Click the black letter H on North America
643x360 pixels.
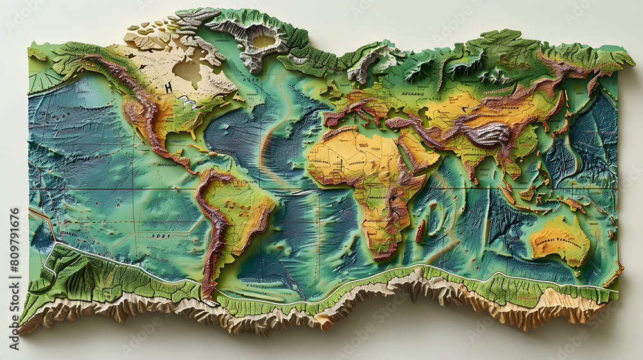click(x=168, y=87)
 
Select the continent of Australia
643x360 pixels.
click(x=559, y=240)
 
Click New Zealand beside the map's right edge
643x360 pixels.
click(x=614, y=273)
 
